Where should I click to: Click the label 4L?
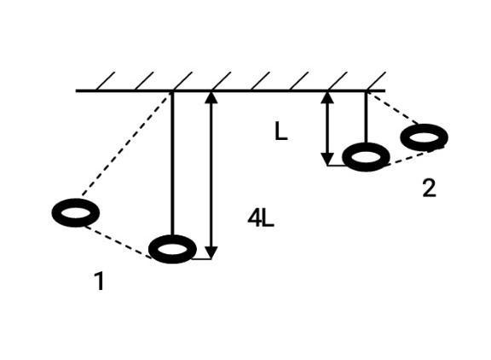click(x=261, y=218)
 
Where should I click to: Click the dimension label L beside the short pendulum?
click(x=281, y=131)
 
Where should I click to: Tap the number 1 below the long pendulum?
click(x=99, y=281)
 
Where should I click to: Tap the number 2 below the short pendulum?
click(x=429, y=189)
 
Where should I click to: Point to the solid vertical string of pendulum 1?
click(x=172, y=163)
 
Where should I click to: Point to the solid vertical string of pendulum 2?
click(x=366, y=117)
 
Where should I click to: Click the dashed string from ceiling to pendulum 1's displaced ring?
click(x=125, y=143)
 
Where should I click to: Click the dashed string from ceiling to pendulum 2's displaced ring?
click(x=393, y=107)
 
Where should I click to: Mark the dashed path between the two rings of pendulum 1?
click(x=118, y=242)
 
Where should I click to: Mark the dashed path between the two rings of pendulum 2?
click(x=411, y=158)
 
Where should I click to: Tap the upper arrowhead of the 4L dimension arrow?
click(x=211, y=97)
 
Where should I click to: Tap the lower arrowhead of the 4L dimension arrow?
click(x=211, y=253)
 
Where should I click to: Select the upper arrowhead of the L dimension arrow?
click(x=327, y=97)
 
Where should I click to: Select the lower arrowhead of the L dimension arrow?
click(x=327, y=160)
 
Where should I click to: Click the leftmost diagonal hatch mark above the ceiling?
click(x=106, y=81)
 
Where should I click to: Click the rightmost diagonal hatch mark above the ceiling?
click(x=376, y=81)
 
